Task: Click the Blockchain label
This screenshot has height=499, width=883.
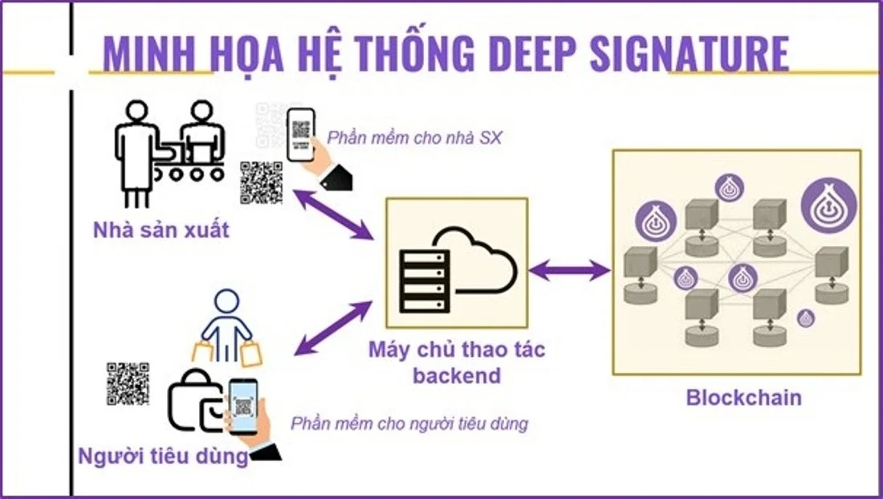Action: (x=743, y=397)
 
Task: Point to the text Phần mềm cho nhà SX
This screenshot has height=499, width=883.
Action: (x=414, y=137)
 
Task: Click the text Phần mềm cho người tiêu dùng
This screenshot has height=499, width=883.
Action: (x=409, y=423)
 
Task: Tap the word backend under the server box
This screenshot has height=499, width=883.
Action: (x=456, y=374)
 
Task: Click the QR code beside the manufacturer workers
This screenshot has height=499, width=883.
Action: (x=261, y=182)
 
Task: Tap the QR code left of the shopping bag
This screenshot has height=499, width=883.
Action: (x=128, y=383)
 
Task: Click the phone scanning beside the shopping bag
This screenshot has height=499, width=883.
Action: (x=242, y=405)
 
